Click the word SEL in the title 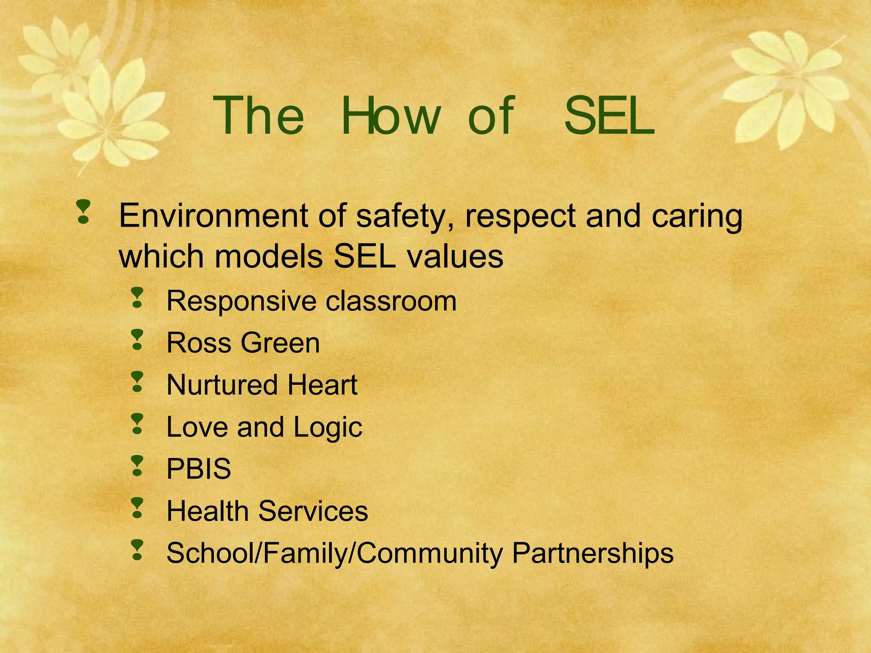[609, 116]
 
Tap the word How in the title [390, 116]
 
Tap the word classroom [391, 301]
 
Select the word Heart [322, 385]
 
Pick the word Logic [328, 428]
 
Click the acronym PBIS [199, 469]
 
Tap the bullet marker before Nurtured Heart [137, 381]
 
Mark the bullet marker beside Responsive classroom [137, 298]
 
